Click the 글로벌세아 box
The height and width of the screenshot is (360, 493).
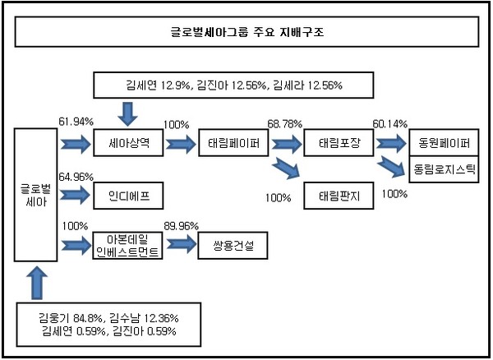point(36,195)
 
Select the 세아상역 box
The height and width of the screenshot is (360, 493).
point(128,143)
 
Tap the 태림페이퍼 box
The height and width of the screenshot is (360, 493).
point(233,143)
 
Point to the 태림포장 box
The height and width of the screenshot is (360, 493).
point(339,143)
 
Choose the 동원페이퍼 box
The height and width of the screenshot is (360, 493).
point(444,142)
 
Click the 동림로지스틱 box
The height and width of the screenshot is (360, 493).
point(444,169)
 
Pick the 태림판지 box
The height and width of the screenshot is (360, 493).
point(339,196)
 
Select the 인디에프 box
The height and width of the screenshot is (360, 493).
point(128,196)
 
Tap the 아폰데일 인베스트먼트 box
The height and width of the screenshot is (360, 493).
point(127,246)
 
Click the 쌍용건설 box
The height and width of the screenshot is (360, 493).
point(233,246)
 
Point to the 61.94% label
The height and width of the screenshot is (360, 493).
point(76,122)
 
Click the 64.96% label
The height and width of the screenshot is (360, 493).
point(76,177)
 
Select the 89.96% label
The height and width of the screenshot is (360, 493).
point(181,226)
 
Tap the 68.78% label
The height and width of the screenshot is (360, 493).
point(285,124)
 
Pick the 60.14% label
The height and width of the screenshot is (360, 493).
point(390,124)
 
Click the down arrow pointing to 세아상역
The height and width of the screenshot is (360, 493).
point(127,113)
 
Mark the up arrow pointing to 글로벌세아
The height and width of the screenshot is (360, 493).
point(37,283)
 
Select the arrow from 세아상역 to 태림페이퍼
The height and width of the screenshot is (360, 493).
point(181,145)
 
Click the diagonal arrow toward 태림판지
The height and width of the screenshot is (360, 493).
point(287,168)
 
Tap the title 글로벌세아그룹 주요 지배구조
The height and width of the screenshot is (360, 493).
point(247,32)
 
